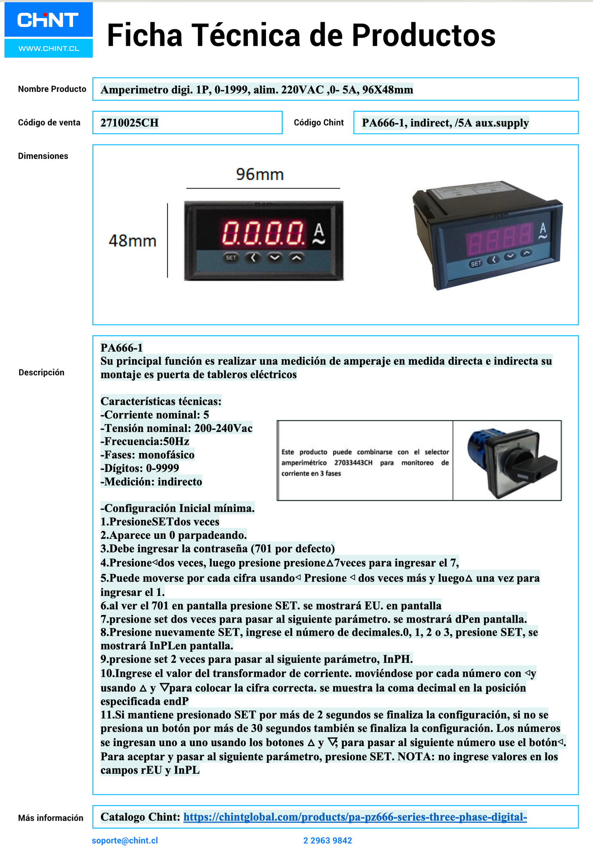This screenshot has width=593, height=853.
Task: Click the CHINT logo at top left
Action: [x=48, y=20]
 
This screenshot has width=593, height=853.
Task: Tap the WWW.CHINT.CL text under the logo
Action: [x=48, y=48]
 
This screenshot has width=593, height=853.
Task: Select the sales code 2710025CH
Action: [x=129, y=123]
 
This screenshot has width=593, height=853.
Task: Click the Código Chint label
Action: [x=318, y=122]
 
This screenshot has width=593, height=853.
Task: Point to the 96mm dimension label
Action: [x=260, y=175]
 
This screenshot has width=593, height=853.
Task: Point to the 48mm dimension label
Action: [x=133, y=241]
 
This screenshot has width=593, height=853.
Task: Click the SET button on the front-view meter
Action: [x=231, y=258]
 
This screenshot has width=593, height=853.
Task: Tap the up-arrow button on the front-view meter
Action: [x=297, y=258]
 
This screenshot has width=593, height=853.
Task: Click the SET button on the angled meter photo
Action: [x=476, y=264]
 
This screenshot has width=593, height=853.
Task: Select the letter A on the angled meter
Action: [x=543, y=228]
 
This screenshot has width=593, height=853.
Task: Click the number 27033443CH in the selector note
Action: [x=353, y=463]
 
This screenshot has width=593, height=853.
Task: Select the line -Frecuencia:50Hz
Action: [x=145, y=441]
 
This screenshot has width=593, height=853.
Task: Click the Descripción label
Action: [x=41, y=372]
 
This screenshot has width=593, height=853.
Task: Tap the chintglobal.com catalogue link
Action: [x=355, y=817]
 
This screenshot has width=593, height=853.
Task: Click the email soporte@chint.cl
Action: [x=125, y=840]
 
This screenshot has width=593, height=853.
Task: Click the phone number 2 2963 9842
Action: [x=327, y=840]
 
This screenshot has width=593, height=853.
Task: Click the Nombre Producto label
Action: [x=52, y=89]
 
